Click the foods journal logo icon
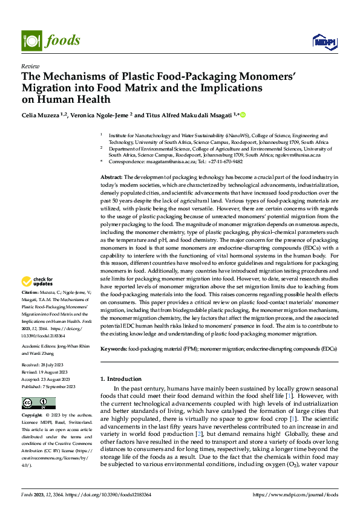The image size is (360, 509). click(30, 41)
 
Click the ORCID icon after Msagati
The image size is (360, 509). click(243, 115)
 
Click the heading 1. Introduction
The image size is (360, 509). click(120, 379)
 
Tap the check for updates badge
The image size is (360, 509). click(38, 281)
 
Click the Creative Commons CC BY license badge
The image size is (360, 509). click(38, 403)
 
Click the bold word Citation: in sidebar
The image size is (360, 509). click(31, 291)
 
